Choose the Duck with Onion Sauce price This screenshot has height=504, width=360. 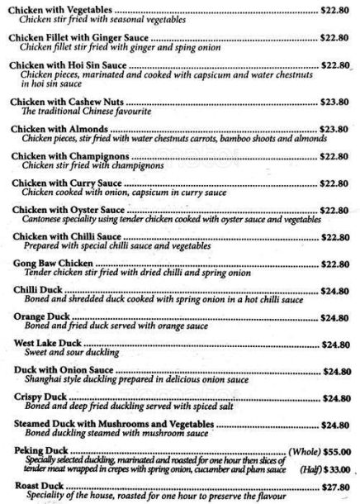(339, 371)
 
